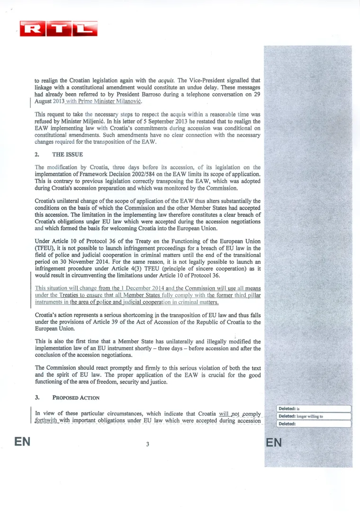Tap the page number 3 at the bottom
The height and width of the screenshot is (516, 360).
point(147,444)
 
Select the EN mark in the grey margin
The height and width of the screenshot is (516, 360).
point(275,442)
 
